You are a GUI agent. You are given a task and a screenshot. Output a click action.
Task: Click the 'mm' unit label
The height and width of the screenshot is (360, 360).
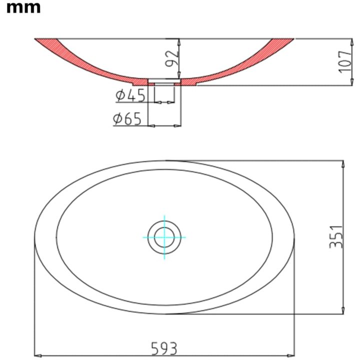(23, 8)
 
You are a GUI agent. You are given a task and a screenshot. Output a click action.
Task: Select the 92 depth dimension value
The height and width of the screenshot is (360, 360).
(171, 58)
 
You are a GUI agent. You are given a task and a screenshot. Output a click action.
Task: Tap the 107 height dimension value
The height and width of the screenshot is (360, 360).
(345, 62)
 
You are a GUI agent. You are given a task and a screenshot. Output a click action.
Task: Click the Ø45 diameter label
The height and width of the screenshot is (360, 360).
(130, 95)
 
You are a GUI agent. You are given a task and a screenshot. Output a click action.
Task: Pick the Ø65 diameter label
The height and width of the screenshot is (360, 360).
(127, 119)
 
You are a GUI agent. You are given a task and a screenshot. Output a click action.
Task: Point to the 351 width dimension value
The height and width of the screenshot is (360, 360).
(336, 236)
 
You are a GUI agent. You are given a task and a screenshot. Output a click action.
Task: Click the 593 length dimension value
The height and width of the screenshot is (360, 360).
(164, 348)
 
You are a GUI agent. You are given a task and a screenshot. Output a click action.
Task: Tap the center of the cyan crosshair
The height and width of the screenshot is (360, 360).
(164, 237)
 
